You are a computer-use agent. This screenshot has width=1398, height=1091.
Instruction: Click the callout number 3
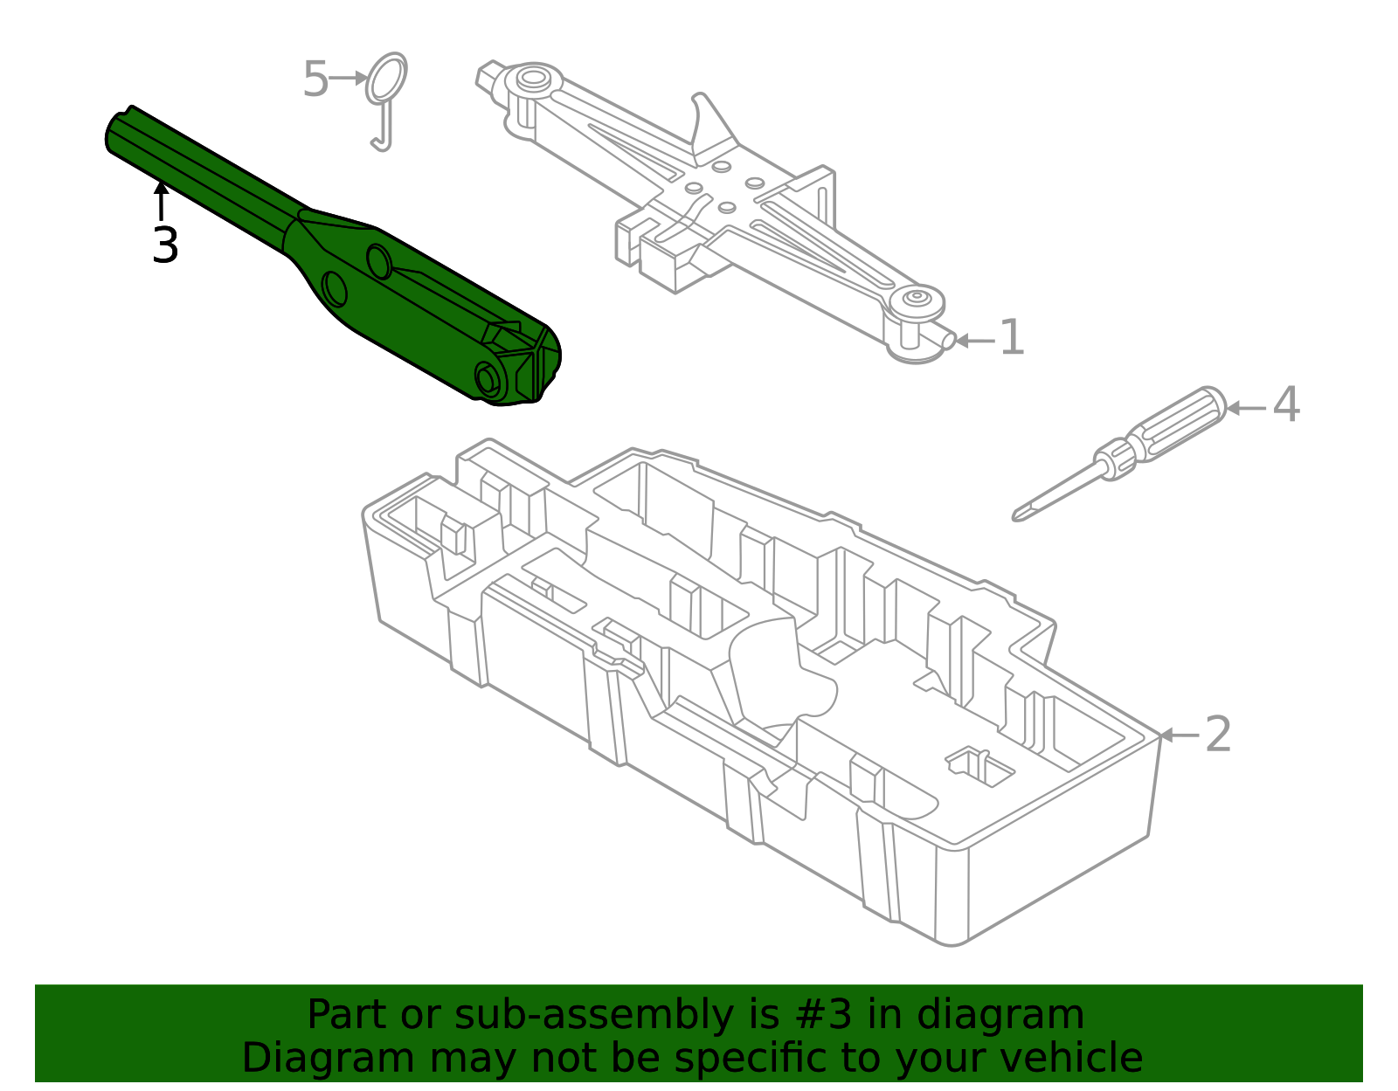click(164, 245)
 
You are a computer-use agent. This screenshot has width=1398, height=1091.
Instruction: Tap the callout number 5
click(315, 80)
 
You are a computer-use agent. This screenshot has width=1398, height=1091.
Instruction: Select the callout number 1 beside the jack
click(1011, 338)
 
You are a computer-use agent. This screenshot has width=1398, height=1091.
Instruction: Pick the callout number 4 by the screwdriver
click(1285, 406)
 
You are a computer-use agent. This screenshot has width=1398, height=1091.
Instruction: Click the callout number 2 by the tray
click(1218, 735)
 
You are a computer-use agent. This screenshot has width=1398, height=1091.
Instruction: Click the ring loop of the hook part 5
click(386, 76)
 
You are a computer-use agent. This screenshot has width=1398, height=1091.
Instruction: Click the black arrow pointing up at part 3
click(161, 199)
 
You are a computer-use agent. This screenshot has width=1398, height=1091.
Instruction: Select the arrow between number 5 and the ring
click(349, 78)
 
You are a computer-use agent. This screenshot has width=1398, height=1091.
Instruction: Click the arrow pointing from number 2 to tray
click(1179, 735)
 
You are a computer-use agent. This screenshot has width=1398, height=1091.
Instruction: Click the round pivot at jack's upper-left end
click(531, 80)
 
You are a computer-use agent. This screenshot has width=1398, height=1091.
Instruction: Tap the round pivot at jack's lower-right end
click(916, 299)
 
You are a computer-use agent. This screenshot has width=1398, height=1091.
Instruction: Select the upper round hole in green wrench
click(378, 261)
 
